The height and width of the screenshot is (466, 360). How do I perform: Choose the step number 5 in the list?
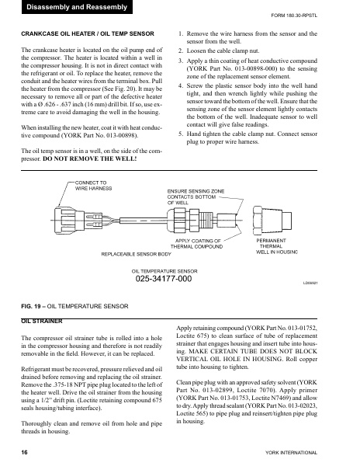[x=181, y=134]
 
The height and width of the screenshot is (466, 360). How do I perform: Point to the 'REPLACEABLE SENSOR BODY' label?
[x=137, y=253]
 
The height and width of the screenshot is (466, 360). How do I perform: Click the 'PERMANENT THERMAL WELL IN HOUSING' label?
[x=277, y=246]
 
